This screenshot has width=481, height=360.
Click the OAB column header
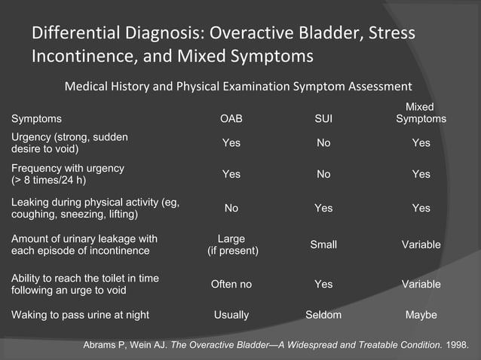(231, 119)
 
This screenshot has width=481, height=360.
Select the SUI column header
(323, 119)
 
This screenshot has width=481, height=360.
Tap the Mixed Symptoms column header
(421, 113)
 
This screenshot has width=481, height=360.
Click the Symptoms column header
(36, 119)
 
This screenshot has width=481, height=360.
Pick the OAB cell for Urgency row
(231, 143)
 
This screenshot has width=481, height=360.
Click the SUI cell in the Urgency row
(323, 143)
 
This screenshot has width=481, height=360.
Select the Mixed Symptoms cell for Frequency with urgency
(421, 174)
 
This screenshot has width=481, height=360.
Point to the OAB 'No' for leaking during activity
(231, 208)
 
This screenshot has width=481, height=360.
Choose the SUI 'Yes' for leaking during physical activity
(323, 208)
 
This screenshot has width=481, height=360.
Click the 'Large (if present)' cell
(232, 245)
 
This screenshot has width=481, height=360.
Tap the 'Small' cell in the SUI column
(323, 245)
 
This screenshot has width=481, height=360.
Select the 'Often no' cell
(231, 284)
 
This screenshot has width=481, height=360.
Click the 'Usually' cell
(231, 315)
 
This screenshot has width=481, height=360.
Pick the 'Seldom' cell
(323, 315)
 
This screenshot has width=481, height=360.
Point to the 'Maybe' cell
(421, 315)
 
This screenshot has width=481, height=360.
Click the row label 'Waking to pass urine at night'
(80, 315)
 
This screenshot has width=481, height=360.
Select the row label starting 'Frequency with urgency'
(68, 174)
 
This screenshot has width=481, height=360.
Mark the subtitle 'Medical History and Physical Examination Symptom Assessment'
(238, 86)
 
